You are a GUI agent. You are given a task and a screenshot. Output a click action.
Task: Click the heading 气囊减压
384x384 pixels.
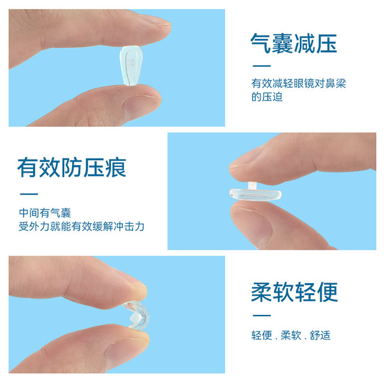293,43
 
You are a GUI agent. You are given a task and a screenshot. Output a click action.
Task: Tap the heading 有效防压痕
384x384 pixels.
72,167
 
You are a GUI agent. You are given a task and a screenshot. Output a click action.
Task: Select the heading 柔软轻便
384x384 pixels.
294,292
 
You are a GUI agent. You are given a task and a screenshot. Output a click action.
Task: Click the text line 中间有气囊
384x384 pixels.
45,213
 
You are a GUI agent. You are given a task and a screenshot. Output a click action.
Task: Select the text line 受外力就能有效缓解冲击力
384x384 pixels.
82,227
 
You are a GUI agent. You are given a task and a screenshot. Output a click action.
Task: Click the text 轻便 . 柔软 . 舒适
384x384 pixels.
291,335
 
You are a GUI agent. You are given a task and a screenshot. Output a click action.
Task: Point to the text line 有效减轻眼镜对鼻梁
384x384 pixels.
298,83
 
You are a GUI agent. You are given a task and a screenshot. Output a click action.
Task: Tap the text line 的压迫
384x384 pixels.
266,97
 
